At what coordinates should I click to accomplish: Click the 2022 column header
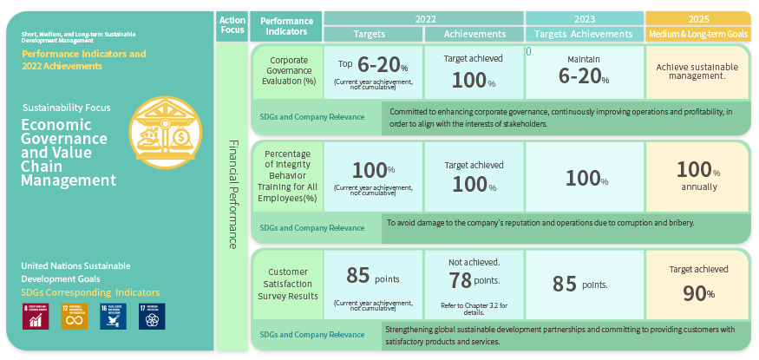pyautogui.click(x=423, y=18)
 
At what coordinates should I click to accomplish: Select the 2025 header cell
pyautogui.click(x=697, y=18)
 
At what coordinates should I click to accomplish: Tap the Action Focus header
pyautogui.click(x=232, y=25)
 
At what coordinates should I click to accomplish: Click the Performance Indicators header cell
pyautogui.click(x=286, y=25)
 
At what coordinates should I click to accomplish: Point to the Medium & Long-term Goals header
pyautogui.click(x=697, y=34)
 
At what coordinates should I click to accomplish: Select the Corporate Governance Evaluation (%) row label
pyautogui.click(x=286, y=75)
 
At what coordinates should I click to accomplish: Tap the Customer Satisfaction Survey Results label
pyautogui.click(x=286, y=284)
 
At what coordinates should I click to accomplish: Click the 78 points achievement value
pyautogui.click(x=474, y=280)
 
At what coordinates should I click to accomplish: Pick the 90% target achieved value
pyautogui.click(x=697, y=293)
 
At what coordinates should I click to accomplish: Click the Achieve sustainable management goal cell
pyautogui.click(x=697, y=71)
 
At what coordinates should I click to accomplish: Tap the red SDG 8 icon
pyautogui.click(x=36, y=317)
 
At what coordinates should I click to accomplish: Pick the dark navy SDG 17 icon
pyautogui.click(x=153, y=317)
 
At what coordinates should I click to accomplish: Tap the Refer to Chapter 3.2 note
pyautogui.click(x=474, y=306)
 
